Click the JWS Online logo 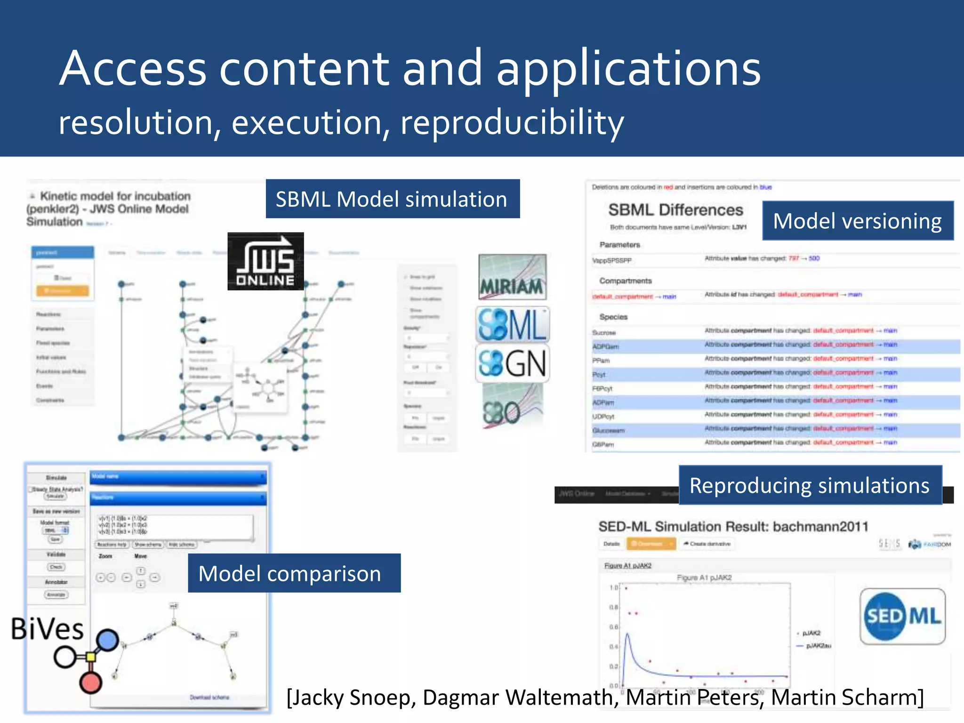coord(265,261)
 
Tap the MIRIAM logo coord(512,277)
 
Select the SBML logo coord(512,325)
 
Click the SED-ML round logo coord(902,616)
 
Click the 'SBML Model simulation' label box coord(392,199)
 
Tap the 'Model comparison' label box coord(294,573)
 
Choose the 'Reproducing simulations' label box coord(810,485)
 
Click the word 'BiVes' coord(47,629)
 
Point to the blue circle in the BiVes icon coord(108,640)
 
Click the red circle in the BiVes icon coord(90,683)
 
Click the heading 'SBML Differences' coord(675,210)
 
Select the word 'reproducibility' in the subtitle coord(512,122)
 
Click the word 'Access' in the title coord(133,69)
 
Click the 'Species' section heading coord(613,317)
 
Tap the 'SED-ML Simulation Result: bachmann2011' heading coord(733,526)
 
